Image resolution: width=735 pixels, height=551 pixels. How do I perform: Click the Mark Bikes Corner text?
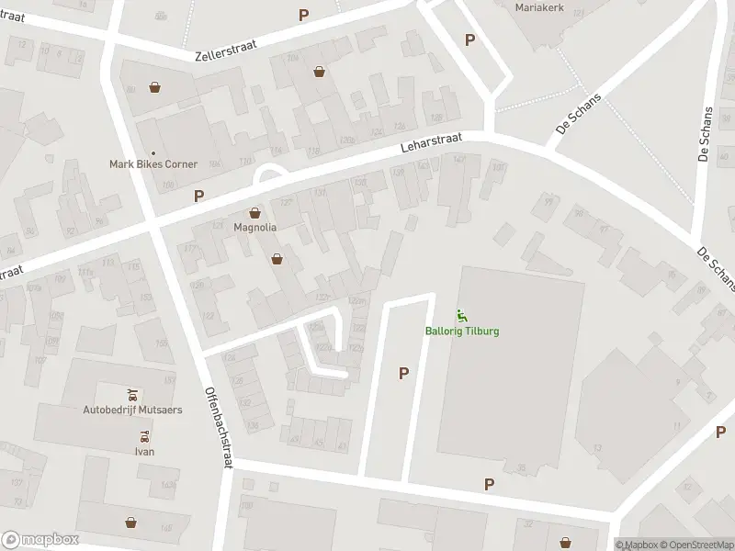tap(153, 164)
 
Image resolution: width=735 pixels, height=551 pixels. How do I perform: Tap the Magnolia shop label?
tap(254, 227)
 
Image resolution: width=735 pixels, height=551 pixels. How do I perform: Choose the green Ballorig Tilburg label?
tap(462, 332)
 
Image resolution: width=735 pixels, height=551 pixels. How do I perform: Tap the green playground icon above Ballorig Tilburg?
tap(462, 317)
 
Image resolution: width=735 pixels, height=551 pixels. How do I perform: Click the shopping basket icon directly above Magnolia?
tap(254, 212)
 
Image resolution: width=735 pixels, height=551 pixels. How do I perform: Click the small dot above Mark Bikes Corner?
tap(153, 152)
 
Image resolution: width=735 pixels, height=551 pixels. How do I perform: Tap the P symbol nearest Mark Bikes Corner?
tap(198, 196)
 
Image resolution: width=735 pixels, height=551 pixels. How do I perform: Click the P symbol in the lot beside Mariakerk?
tap(469, 40)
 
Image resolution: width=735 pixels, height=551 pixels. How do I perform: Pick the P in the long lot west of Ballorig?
tap(402, 373)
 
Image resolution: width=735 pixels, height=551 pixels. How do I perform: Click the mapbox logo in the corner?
tap(40, 540)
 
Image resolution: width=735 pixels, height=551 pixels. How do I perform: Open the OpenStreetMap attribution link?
tap(693, 545)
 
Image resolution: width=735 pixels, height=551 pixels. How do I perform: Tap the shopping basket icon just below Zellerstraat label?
tap(319, 71)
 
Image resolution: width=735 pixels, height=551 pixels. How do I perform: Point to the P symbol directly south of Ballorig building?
tap(489, 485)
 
